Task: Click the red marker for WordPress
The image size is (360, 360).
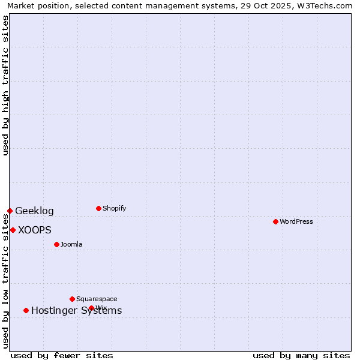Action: (x=275, y=221)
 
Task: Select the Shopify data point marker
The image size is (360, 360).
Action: (x=98, y=208)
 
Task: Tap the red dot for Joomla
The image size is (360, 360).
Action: (x=56, y=244)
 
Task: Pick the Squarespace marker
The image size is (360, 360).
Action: (x=72, y=299)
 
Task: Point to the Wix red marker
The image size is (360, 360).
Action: (x=91, y=308)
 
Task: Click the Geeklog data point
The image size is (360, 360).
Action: (x=10, y=211)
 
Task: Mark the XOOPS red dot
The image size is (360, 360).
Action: (x=13, y=230)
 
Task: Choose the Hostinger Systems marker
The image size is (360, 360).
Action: (x=26, y=310)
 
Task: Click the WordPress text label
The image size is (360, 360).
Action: (x=296, y=221)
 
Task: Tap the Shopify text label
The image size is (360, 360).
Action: (x=115, y=208)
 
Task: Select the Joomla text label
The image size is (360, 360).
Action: (x=71, y=244)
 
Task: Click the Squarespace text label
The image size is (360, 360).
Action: (x=97, y=299)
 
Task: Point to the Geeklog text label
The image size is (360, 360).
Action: (x=34, y=211)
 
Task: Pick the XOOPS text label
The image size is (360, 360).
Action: (x=35, y=230)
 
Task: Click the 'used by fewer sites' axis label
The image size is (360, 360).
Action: (x=62, y=355)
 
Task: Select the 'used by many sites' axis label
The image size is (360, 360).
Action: (x=301, y=355)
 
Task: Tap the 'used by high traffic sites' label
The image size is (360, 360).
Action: (x=6, y=85)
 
